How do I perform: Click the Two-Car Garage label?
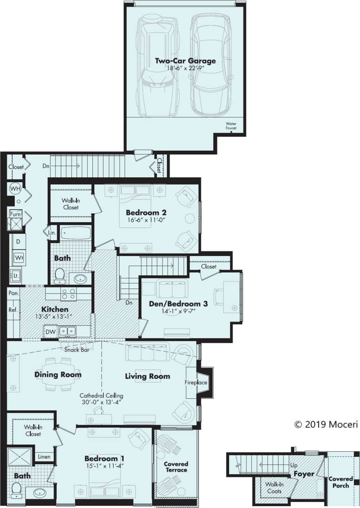point(185,61)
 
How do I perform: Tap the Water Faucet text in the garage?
point(231,125)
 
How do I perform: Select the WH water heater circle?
point(15,189)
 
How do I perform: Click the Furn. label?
point(15,214)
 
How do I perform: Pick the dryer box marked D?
point(18,242)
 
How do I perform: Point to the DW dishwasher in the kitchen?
point(51,331)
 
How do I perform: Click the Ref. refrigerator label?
point(13,310)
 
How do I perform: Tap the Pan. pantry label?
point(13,293)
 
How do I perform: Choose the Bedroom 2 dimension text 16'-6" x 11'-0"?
point(145,220)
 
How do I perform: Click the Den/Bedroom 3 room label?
point(179,304)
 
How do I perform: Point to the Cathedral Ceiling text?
point(101,396)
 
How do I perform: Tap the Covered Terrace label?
point(176,467)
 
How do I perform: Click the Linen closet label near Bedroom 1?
point(44,457)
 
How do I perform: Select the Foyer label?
point(304,474)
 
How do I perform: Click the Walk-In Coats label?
point(274,488)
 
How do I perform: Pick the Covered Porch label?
point(340,482)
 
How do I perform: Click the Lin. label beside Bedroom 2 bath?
point(52,232)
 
